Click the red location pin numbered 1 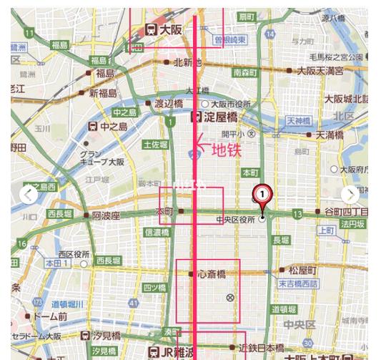coord(262,195)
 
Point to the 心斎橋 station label coord(212,273)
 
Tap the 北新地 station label coord(187,62)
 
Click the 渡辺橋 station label coord(169,103)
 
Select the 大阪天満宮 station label coord(320,70)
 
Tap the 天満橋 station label coord(330,134)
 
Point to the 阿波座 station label coord(106,215)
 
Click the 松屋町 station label coord(302,271)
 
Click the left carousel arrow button coord(28,194)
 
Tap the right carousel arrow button coord(350,194)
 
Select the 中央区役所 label coord(235,220)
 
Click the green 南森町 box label coord(245,72)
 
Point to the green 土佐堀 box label coord(155,144)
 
